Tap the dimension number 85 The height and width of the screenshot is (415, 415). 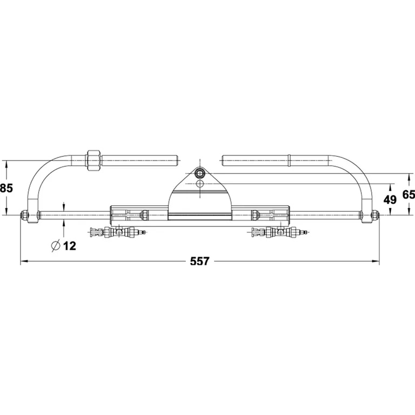pos(6,189)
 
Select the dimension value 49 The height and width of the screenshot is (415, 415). pos(389,199)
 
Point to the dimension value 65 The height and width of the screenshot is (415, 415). pos(409,195)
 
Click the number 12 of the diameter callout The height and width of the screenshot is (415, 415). pos(69,246)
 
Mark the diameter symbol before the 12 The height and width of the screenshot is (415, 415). pos(55,246)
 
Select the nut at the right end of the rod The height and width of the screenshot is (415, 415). pos(373,215)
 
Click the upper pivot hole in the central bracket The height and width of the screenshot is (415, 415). pos(200,173)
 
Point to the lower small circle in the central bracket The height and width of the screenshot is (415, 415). pos(200,184)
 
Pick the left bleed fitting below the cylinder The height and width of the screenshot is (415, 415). pos(118,233)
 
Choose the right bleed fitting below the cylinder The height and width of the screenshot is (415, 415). pos(279,233)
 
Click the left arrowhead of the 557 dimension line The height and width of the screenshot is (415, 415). pos(23,262)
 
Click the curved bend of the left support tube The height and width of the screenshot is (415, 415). pos(46,173)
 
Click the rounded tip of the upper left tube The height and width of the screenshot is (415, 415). pos(176,160)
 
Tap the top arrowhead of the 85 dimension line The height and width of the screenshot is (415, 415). pos(6,163)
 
